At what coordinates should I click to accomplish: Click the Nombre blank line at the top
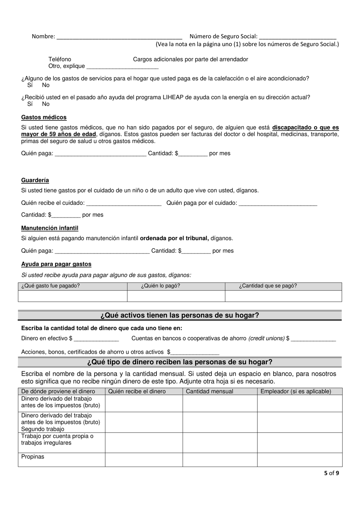(119, 37)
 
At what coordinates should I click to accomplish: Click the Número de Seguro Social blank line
(298, 37)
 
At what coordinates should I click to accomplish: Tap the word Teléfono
(59, 59)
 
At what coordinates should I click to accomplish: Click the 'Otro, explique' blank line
(122, 67)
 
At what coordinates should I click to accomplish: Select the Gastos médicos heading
(44, 117)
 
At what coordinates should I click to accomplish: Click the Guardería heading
(35, 180)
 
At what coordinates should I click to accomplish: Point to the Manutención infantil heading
(50, 228)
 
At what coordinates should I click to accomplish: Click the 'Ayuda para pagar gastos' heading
(56, 264)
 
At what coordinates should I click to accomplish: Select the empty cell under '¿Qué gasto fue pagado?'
(72, 296)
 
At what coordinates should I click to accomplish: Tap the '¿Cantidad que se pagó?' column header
(268, 286)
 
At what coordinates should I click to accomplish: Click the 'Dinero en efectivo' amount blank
(96, 339)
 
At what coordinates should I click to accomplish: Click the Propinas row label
(33, 457)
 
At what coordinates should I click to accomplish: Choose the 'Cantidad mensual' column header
(210, 391)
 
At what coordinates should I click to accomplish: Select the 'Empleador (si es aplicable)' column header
(296, 391)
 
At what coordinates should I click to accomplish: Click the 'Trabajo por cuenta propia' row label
(57, 439)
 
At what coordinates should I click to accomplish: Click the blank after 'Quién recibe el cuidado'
(124, 203)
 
